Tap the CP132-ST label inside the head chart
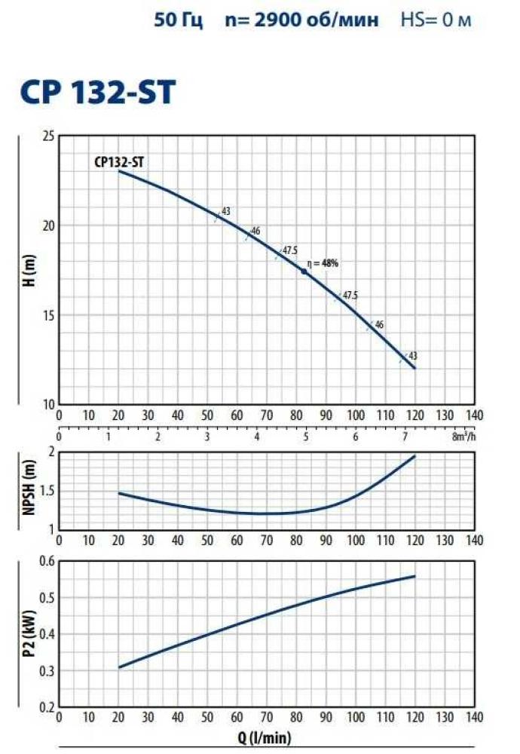coord(125,161)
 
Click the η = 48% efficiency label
coord(323,263)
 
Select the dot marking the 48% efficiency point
coord(304,271)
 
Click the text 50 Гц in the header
coord(179,20)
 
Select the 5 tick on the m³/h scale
coord(305,437)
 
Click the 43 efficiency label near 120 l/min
coord(412,355)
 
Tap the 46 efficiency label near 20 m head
coord(255,231)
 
